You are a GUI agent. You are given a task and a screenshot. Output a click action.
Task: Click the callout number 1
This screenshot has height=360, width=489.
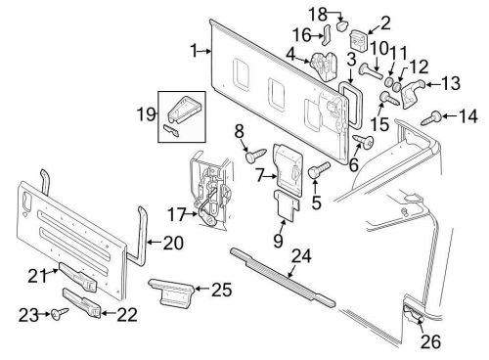[194, 49]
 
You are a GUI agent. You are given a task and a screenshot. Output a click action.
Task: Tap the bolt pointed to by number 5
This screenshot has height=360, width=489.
[317, 170]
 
